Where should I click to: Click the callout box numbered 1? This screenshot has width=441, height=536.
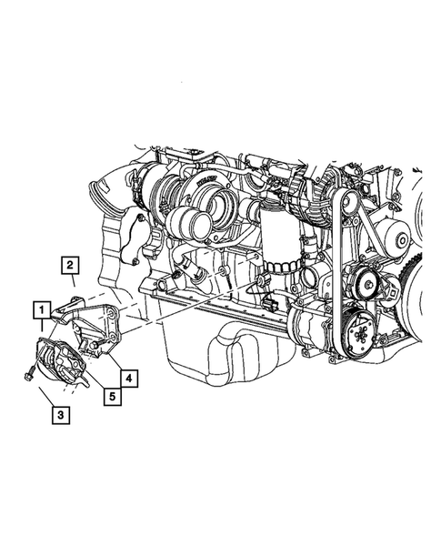click(x=42, y=310)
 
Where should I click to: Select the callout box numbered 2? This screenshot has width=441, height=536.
click(x=70, y=266)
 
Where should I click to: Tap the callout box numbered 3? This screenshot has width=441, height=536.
click(x=59, y=416)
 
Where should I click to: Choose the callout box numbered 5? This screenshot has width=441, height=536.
click(x=111, y=396)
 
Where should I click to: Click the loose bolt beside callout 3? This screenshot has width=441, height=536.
click(x=28, y=369)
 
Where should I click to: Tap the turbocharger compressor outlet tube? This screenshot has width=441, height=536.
click(x=190, y=222)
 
